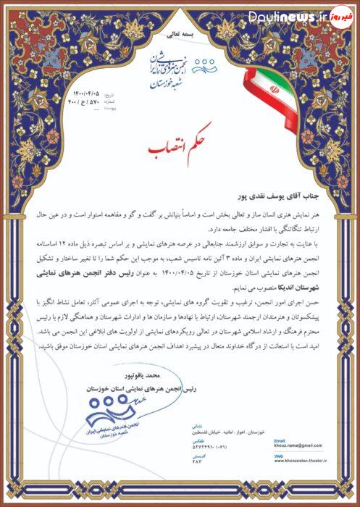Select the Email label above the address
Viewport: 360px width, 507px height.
(x=278, y=440)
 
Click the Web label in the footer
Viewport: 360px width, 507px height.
(x=277, y=456)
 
